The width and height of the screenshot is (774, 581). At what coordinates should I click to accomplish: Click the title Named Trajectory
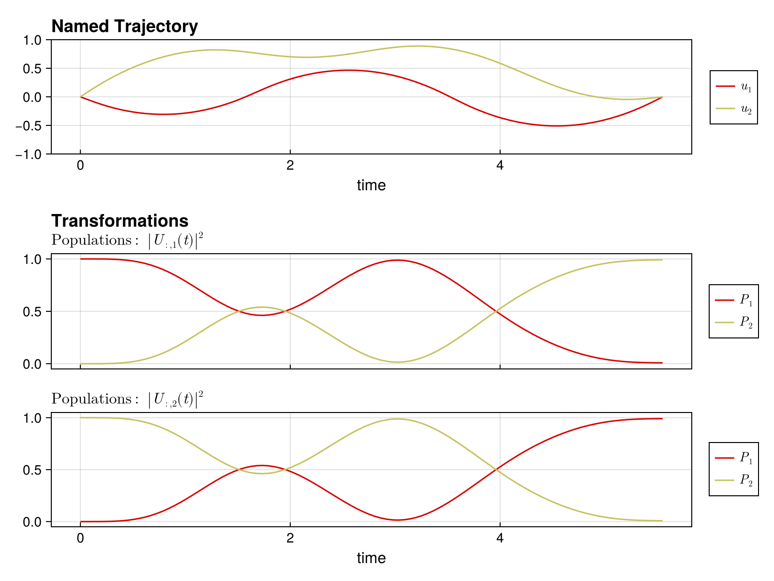pos(124,27)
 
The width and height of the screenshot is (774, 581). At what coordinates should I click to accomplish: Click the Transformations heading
pos(119,221)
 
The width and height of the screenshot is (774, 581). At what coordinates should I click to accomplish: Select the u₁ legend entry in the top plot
pos(734,87)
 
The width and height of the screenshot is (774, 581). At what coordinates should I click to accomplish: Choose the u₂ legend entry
pos(734,109)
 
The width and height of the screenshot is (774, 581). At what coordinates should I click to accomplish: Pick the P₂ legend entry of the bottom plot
pos(734,480)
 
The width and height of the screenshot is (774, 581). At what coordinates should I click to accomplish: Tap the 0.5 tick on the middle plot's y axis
pos(34,311)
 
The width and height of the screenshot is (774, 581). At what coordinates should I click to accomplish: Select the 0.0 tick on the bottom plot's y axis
pos(34,522)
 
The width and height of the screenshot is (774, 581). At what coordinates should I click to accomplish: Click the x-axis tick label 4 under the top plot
pos(500,166)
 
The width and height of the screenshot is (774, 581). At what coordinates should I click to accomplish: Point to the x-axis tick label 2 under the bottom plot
pos(290,538)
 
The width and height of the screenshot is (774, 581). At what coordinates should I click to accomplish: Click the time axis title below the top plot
pos(371,185)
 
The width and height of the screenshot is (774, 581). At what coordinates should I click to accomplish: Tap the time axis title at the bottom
pos(371,558)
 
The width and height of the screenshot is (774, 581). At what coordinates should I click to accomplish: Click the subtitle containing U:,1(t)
pos(127,240)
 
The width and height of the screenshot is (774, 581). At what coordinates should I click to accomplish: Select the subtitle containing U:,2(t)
pos(127,399)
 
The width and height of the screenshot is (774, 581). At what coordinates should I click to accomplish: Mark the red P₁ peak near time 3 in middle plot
pos(397,260)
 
